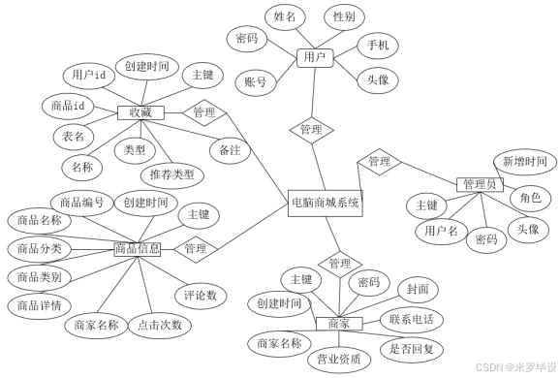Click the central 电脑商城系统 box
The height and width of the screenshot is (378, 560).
click(x=325, y=203)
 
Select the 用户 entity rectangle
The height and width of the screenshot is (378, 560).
click(x=314, y=57)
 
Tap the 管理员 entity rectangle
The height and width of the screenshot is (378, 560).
click(x=480, y=184)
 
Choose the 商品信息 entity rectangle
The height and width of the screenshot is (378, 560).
click(x=138, y=249)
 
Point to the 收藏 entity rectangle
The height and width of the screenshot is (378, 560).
click(x=140, y=112)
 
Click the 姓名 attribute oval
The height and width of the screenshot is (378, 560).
click(x=285, y=16)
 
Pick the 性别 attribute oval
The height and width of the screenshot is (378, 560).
click(x=344, y=16)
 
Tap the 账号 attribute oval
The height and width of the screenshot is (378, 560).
click(x=257, y=81)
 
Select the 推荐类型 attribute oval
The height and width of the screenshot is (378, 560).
click(x=172, y=174)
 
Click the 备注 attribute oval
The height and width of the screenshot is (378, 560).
click(x=230, y=150)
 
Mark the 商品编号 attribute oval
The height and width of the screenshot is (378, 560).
click(x=81, y=203)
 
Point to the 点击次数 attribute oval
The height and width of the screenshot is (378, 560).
click(x=160, y=325)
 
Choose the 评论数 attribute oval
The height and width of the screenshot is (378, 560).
click(x=201, y=295)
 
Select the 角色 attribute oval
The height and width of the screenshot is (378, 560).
click(x=530, y=198)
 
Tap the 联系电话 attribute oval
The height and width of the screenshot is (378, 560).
click(x=411, y=320)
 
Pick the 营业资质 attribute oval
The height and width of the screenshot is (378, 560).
click(x=338, y=359)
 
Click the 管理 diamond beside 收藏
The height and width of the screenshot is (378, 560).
click(x=204, y=112)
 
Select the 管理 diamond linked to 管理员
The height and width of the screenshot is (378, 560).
click(x=379, y=162)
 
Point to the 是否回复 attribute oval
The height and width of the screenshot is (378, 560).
click(x=411, y=348)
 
